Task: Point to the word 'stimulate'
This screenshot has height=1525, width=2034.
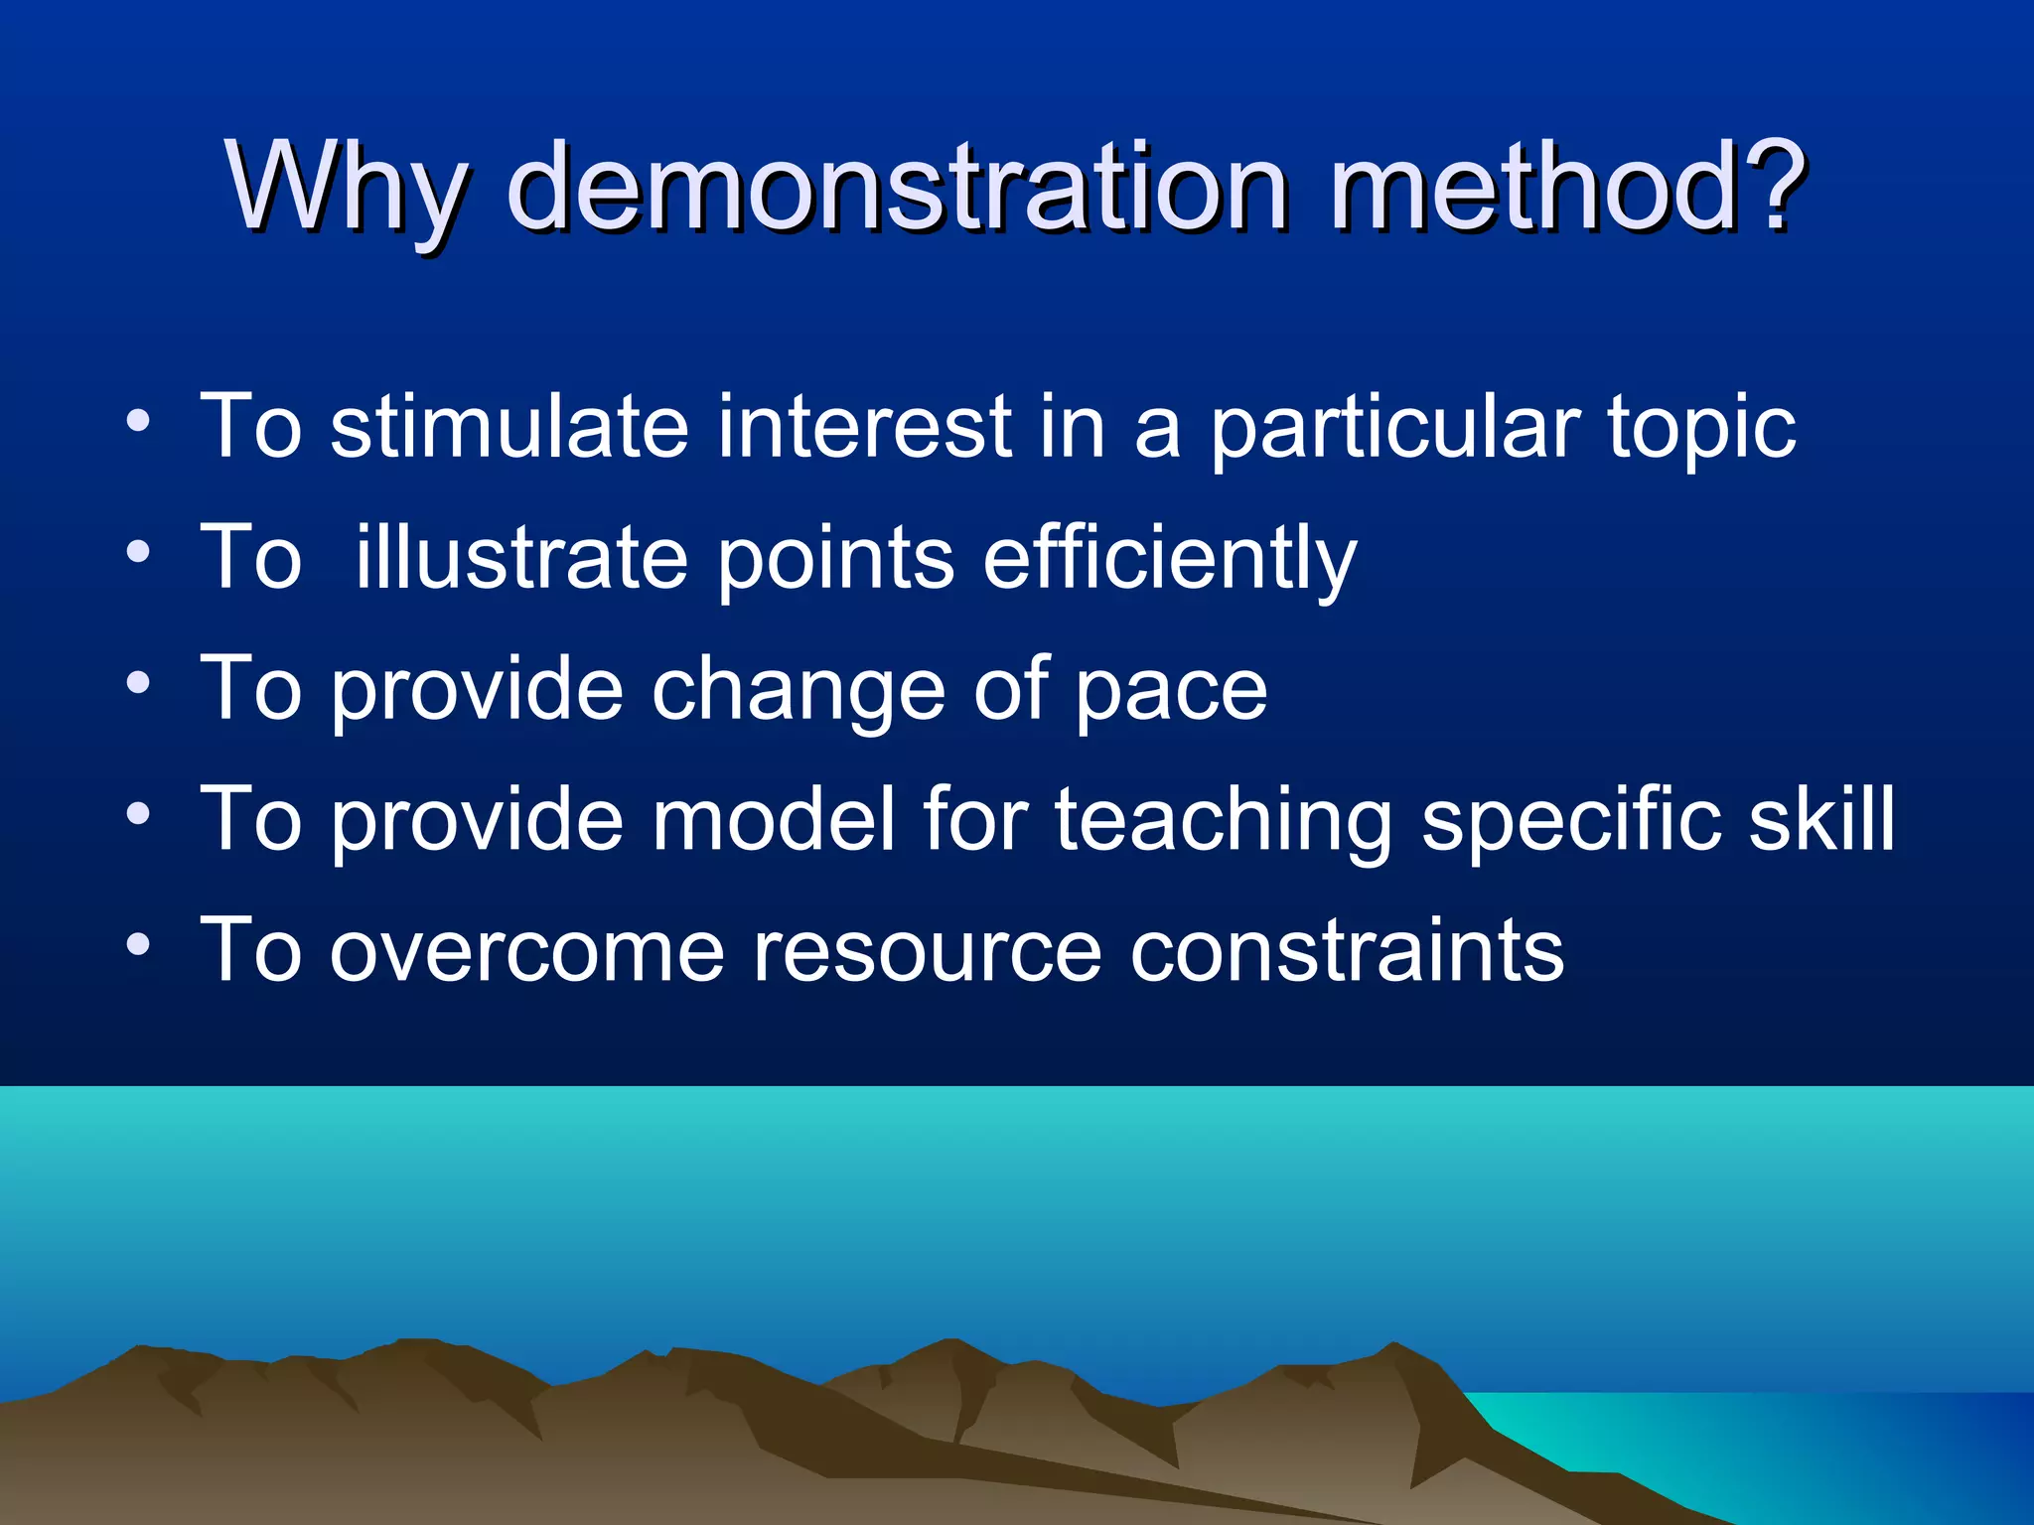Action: (508, 427)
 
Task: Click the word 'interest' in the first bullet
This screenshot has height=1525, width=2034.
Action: (863, 427)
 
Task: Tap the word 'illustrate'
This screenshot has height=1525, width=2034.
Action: (522, 558)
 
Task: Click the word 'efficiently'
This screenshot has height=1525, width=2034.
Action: (1169, 558)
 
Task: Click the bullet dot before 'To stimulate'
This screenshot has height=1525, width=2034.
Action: (138, 421)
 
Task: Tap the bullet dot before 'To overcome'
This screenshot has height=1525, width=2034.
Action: (138, 944)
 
